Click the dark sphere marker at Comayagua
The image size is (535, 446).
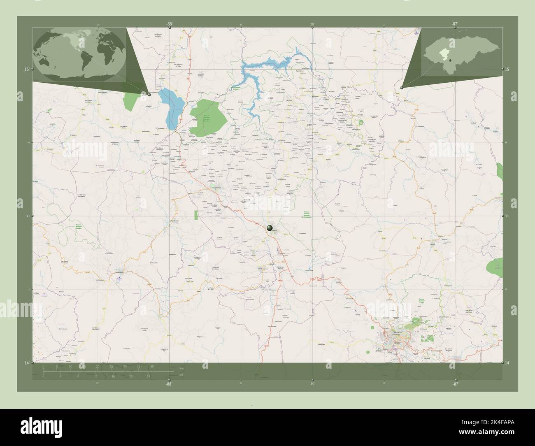[x=270, y=228]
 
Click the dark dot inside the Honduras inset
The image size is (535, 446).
[x=450, y=60]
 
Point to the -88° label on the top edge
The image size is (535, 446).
[x=169, y=24]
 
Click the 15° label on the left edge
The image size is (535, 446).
[x=26, y=69]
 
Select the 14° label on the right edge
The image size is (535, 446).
[x=507, y=362]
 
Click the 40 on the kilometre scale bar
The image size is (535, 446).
[x=152, y=366]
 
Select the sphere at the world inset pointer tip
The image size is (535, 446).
[x=149, y=94]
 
